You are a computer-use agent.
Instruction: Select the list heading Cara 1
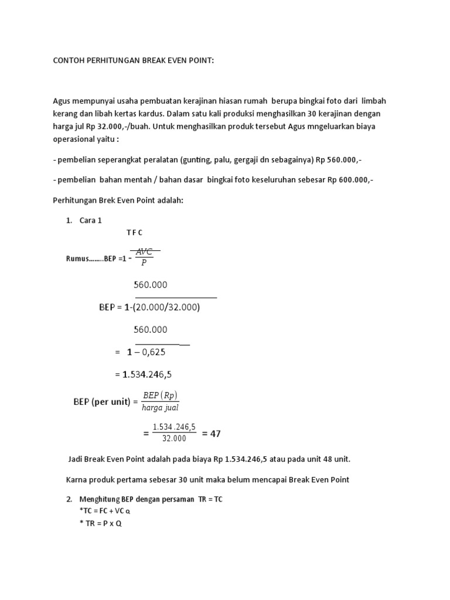(94, 221)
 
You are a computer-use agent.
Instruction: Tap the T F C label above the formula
(135, 233)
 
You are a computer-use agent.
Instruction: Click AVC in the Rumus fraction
(144, 252)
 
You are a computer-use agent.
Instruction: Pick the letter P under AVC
(144, 263)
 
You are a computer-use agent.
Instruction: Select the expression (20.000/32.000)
(166, 307)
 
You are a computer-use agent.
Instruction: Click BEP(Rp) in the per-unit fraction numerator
(160, 395)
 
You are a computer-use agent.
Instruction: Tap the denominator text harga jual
(160, 407)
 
